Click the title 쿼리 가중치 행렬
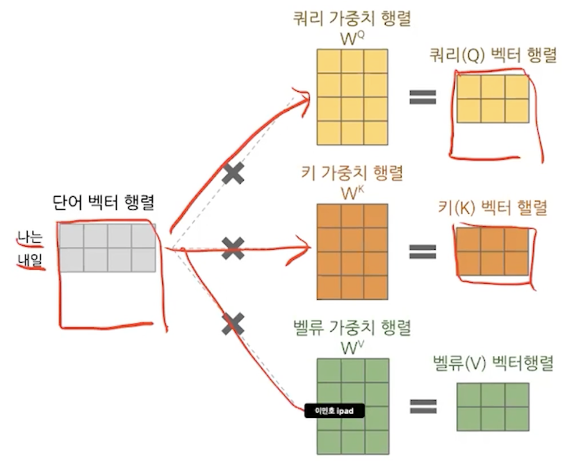352,18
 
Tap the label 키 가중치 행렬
352,173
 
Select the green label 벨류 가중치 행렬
352,328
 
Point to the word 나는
29,239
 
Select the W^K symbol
352,193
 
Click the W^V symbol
352,348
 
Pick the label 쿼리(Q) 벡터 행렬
493,57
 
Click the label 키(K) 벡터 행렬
493,208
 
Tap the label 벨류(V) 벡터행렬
493,363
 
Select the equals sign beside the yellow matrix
423,97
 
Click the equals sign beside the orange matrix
423,252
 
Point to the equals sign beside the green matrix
423,406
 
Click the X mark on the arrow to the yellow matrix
233,174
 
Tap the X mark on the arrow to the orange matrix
233,249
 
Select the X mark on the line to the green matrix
233,323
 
